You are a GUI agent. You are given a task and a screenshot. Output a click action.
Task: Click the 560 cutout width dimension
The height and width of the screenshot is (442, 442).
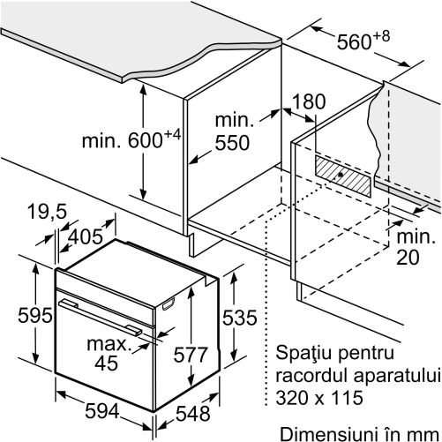[363, 41]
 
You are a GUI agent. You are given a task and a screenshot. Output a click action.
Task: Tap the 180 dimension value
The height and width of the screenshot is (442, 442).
[310, 101]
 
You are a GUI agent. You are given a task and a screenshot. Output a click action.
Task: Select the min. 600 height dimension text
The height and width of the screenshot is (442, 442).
[131, 139]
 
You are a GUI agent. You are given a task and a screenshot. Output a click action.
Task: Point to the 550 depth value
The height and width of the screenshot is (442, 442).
[232, 143]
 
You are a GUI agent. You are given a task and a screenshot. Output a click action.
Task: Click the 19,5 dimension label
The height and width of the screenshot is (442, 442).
[48, 211]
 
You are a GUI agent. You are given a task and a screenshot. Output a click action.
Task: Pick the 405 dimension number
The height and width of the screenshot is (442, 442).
[86, 236]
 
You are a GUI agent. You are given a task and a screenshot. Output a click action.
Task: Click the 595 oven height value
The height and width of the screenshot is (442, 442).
[35, 315]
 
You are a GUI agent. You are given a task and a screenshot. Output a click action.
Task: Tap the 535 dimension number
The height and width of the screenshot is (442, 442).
[240, 318]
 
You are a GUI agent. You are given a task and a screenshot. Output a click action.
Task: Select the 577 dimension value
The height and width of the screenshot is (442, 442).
[191, 354]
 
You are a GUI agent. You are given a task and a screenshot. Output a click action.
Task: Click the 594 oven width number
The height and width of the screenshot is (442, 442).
[102, 410]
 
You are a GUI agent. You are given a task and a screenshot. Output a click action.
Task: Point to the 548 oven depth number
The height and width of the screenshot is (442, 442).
[193, 413]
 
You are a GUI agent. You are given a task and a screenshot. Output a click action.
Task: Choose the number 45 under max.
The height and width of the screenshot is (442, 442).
[107, 363]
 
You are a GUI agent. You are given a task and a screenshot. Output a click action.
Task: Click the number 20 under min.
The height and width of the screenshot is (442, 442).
[408, 257]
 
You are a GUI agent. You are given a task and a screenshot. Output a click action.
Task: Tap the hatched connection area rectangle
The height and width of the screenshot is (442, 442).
[343, 176]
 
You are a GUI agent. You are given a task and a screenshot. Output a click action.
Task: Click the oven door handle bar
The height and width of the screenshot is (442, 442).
[100, 317]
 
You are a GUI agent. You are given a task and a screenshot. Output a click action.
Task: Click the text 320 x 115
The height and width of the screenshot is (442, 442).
[319, 398]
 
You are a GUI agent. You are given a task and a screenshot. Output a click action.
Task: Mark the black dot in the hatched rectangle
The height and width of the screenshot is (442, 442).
[341, 175]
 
